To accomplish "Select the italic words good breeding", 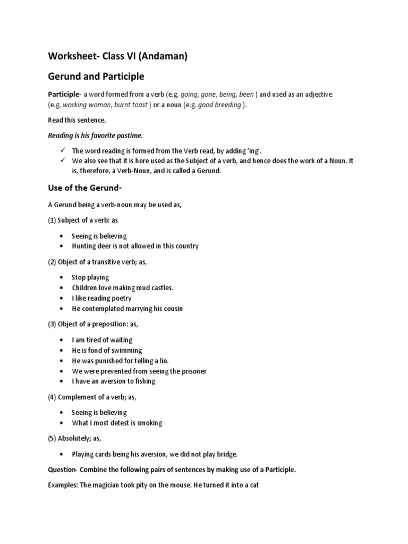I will [x=220, y=105].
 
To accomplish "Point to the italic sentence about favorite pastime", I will [x=96, y=135].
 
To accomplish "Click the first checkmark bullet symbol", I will [x=63, y=150].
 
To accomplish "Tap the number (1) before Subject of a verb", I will [x=53, y=220].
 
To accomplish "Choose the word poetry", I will [x=121, y=298].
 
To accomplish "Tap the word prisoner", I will [x=191, y=371].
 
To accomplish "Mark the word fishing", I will [x=144, y=381].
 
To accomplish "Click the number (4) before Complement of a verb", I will [x=53, y=396].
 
